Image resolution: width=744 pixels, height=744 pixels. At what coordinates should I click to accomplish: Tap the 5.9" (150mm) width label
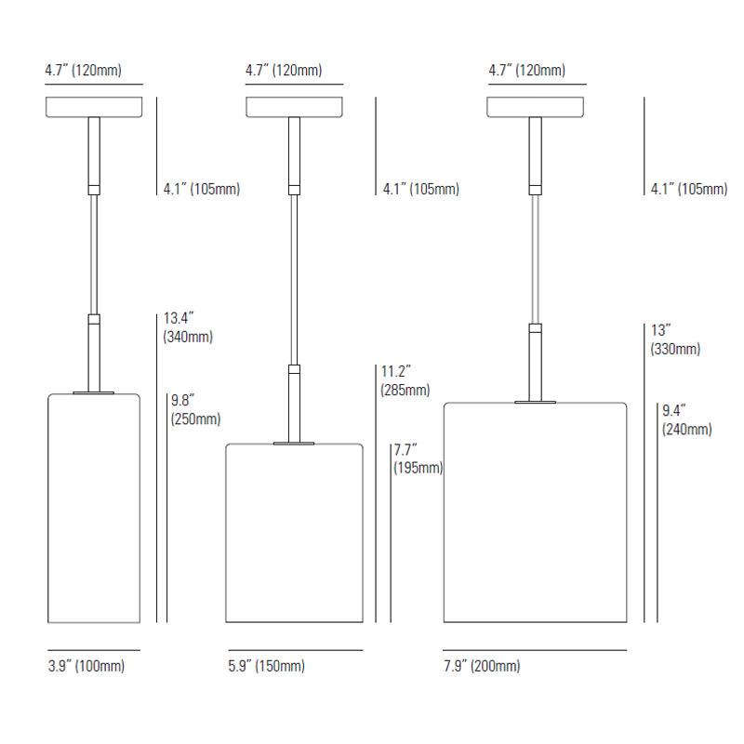[266, 666]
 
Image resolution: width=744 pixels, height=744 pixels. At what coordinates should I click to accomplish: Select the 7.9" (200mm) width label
[482, 666]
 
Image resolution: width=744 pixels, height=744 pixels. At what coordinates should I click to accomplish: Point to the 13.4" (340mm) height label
[188, 328]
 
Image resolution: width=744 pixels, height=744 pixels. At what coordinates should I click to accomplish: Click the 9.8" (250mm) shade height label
[195, 410]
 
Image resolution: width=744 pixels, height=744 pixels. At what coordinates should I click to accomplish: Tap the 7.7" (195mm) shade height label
[417, 458]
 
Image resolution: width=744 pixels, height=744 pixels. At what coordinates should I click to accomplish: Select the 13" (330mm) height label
[675, 339]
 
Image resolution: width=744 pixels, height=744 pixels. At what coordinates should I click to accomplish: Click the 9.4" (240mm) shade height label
[686, 419]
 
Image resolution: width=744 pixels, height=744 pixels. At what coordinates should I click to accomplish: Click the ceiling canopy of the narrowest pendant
[94, 107]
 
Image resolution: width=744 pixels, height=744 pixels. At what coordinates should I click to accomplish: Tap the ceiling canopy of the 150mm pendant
[294, 107]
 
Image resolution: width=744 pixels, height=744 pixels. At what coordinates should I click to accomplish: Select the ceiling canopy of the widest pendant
[535, 107]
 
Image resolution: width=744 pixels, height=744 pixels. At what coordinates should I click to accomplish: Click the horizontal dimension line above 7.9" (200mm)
[535, 650]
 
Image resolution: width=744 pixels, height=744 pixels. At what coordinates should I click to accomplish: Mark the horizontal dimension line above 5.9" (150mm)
[294, 650]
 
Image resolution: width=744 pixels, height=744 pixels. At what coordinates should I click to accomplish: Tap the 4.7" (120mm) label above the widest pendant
[526, 71]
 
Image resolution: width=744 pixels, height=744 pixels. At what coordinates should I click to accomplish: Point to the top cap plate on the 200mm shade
[535, 402]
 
